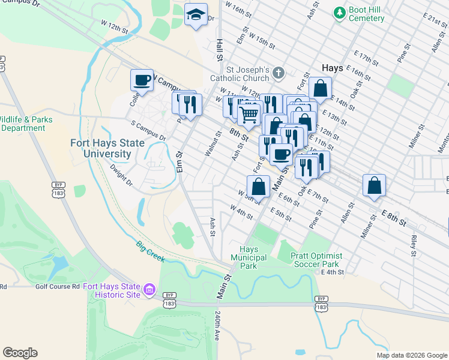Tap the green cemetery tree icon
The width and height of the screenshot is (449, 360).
[x=339, y=12]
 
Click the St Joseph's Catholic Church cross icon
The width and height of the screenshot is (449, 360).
[x=277, y=73]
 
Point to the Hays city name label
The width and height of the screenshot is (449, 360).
[x=333, y=68]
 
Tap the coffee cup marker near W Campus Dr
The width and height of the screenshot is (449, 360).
[x=142, y=80]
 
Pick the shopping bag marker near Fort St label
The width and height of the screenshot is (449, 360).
[x=321, y=87]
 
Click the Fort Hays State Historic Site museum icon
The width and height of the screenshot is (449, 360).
[x=149, y=291]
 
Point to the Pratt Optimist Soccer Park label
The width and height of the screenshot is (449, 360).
[x=315, y=259]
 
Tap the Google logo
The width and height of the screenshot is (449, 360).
[x=20, y=353]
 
